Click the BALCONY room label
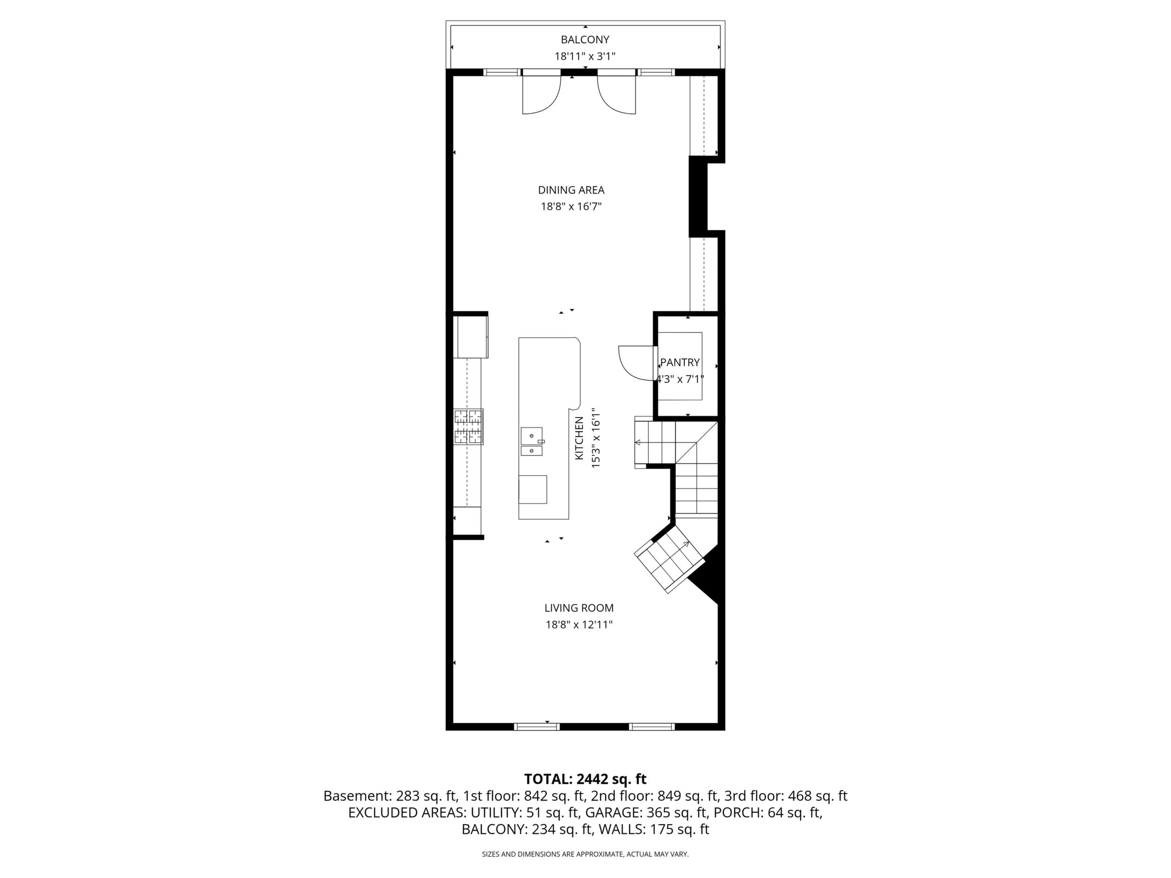click(585, 40)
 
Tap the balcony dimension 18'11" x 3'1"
click(585, 56)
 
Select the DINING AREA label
click(571, 190)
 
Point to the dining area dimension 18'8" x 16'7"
click(571, 206)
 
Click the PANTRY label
click(680, 363)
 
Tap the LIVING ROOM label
click(579, 608)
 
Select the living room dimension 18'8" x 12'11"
click(579, 625)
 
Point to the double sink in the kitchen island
click(532, 441)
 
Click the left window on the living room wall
click(537, 727)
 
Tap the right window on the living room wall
click(652, 727)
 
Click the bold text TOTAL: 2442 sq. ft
click(585, 779)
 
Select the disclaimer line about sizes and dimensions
click(585, 854)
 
